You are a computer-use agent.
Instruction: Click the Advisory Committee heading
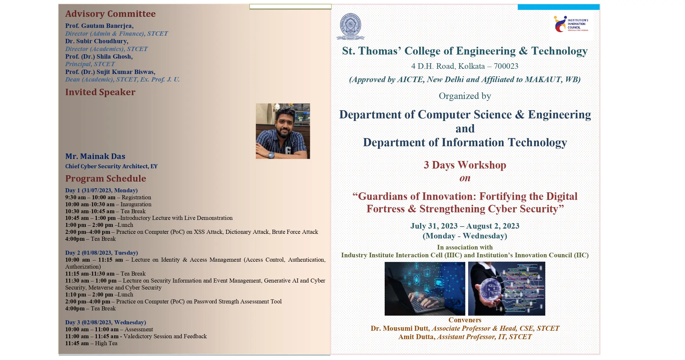tap(110, 14)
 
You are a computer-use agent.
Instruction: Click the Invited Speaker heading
tap(100, 92)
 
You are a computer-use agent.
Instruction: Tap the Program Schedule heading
tap(106, 178)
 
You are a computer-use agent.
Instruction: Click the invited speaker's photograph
tap(283, 131)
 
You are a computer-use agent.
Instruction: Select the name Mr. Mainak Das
tap(95, 156)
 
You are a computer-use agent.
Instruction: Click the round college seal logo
tap(350, 26)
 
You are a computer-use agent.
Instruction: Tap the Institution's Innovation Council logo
tap(571, 24)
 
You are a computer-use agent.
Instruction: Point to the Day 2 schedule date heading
tap(101, 253)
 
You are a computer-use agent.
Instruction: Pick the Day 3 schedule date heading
tap(106, 322)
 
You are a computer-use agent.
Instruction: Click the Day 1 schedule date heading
tap(101, 190)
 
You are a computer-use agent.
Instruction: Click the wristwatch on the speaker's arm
tap(271, 155)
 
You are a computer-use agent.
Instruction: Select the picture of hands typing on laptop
tap(425, 289)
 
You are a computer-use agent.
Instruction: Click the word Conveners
tap(465, 320)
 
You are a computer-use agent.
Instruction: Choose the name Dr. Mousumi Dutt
tap(399, 328)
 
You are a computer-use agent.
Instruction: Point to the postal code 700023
tap(506, 66)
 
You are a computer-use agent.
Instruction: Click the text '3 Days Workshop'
tap(465, 165)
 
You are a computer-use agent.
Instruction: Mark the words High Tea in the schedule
tap(106, 343)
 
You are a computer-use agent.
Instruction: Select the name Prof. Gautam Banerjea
tap(99, 26)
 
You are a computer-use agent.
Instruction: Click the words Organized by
tap(465, 96)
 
